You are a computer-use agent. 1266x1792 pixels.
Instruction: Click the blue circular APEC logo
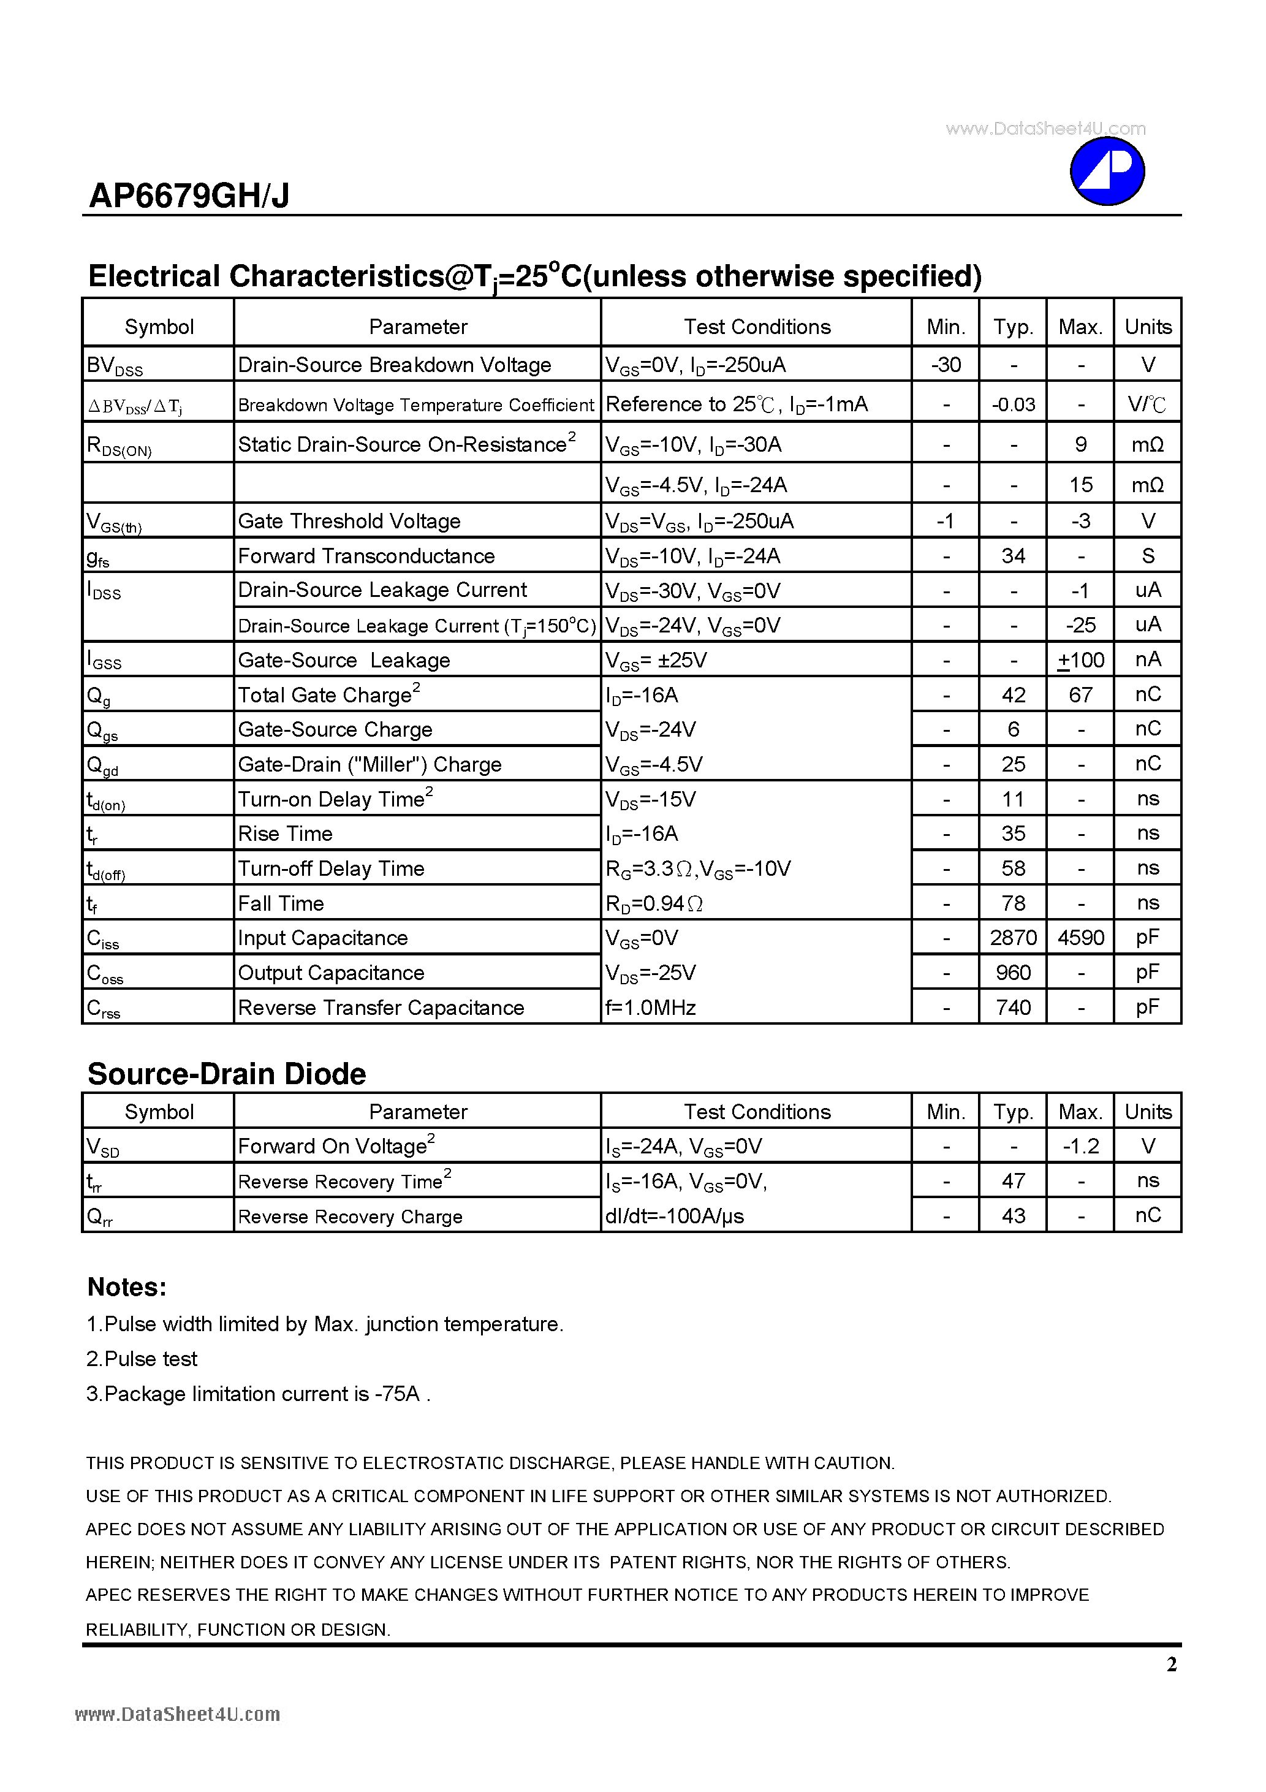(x=1107, y=172)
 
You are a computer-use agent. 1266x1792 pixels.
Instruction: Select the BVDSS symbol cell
(x=115, y=365)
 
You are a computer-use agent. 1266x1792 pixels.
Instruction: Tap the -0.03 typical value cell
(x=1013, y=404)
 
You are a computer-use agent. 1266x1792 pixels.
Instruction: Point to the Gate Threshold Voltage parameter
(x=349, y=522)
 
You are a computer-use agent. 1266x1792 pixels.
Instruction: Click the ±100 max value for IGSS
(x=1081, y=660)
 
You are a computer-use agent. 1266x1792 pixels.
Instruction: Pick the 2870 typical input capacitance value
(x=1013, y=937)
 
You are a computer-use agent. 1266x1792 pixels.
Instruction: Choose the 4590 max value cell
(x=1081, y=937)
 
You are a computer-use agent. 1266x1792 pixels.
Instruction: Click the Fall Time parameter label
(x=281, y=903)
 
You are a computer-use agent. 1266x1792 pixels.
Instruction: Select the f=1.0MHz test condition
(x=651, y=1008)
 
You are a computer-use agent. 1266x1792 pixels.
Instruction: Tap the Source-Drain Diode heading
(x=226, y=1074)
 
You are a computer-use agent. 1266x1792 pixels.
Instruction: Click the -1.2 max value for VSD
(x=1081, y=1146)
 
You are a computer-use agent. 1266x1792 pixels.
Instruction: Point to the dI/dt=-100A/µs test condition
(x=675, y=1216)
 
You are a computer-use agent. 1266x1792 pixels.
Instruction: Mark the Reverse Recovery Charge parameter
(x=351, y=1217)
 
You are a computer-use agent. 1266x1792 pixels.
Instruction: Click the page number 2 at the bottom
(x=1172, y=1665)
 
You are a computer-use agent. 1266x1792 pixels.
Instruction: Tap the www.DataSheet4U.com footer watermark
(x=177, y=1715)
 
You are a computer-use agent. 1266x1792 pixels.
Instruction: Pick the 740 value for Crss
(x=1013, y=1008)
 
